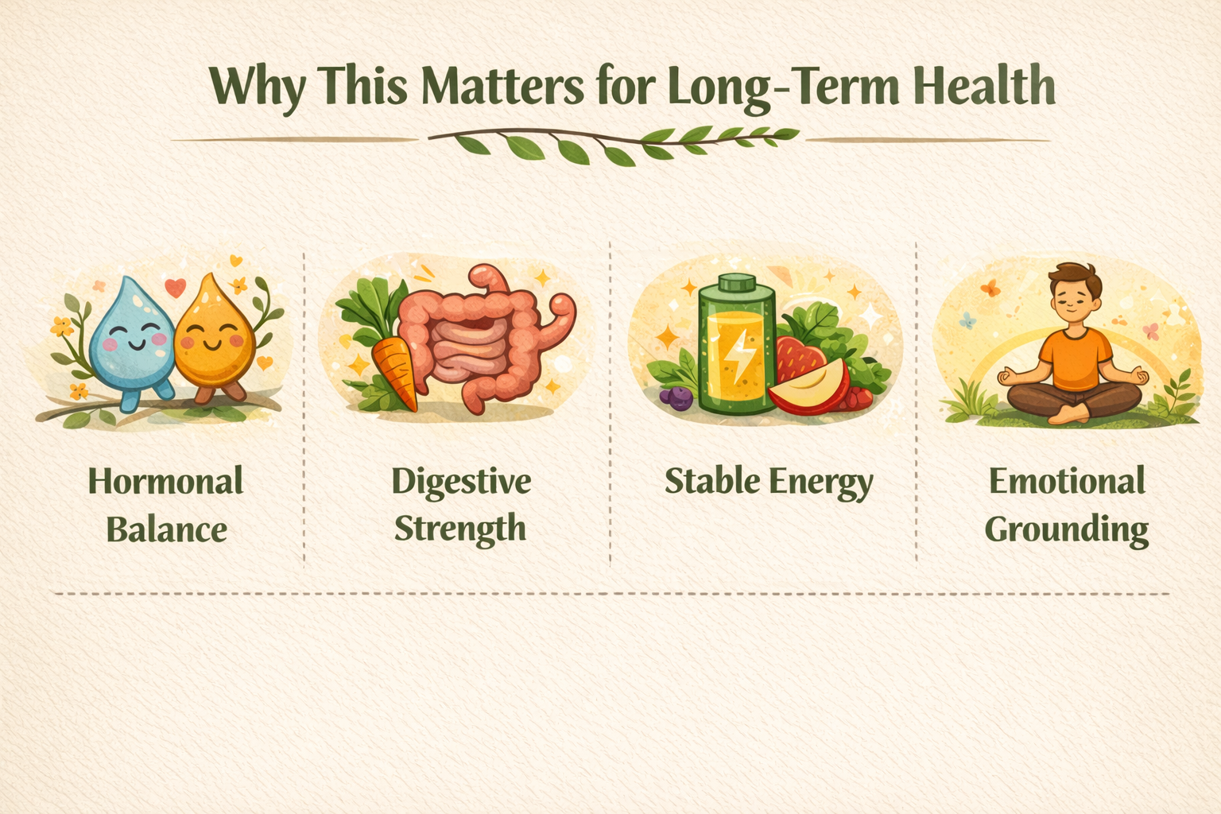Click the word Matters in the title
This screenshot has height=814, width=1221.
[x=502, y=87]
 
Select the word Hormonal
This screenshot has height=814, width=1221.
[x=165, y=482]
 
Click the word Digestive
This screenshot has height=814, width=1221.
[x=461, y=483]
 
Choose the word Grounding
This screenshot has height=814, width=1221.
[x=1066, y=530]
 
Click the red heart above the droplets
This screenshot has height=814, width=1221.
[x=175, y=287]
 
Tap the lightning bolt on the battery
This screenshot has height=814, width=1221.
[x=739, y=356]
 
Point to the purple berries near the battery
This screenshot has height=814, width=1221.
[x=676, y=397]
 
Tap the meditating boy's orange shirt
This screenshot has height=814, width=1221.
[x=1075, y=359]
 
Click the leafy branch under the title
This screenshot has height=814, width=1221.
[x=613, y=144]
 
